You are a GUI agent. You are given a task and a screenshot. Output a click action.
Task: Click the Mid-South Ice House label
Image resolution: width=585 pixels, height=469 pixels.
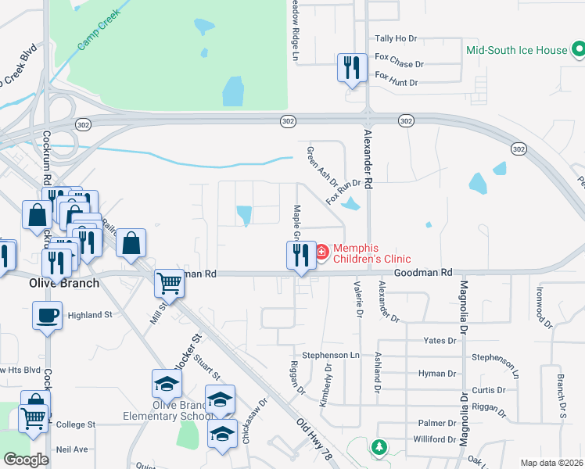(516, 50)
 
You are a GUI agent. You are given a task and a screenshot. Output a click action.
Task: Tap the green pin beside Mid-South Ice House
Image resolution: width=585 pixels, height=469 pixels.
(579, 49)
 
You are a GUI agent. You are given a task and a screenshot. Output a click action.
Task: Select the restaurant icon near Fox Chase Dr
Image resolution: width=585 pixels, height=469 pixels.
(352, 67)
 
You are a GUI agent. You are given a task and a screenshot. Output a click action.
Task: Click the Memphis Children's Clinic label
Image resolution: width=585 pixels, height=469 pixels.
(371, 253)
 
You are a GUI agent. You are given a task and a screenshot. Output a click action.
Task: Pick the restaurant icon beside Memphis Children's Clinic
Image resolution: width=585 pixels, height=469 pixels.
(300, 253)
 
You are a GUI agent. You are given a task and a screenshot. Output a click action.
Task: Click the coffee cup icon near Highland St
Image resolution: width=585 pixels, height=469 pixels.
(47, 316)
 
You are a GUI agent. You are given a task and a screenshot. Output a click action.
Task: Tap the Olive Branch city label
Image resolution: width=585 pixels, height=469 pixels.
(54, 282)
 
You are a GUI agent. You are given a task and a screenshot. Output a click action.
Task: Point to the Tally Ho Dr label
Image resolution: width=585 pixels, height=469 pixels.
(397, 38)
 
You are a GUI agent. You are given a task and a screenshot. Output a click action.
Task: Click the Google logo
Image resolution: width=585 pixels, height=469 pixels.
(26, 460)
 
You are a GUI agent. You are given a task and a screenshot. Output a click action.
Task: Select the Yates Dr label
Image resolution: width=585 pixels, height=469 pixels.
(440, 341)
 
